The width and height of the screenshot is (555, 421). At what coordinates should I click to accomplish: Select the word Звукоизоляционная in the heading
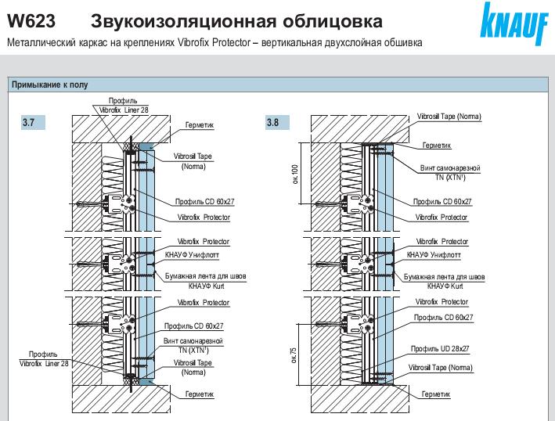click(160, 19)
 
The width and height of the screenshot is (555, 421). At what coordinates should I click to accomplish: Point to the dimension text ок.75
click(295, 354)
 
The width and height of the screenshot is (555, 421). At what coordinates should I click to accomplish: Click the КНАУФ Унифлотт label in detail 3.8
click(434, 255)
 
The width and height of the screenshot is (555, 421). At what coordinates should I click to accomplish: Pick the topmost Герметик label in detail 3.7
click(199, 124)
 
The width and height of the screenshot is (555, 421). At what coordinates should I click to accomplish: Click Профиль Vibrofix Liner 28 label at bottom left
click(44, 358)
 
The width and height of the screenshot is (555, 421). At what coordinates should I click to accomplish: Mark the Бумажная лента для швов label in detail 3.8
click(443, 277)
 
